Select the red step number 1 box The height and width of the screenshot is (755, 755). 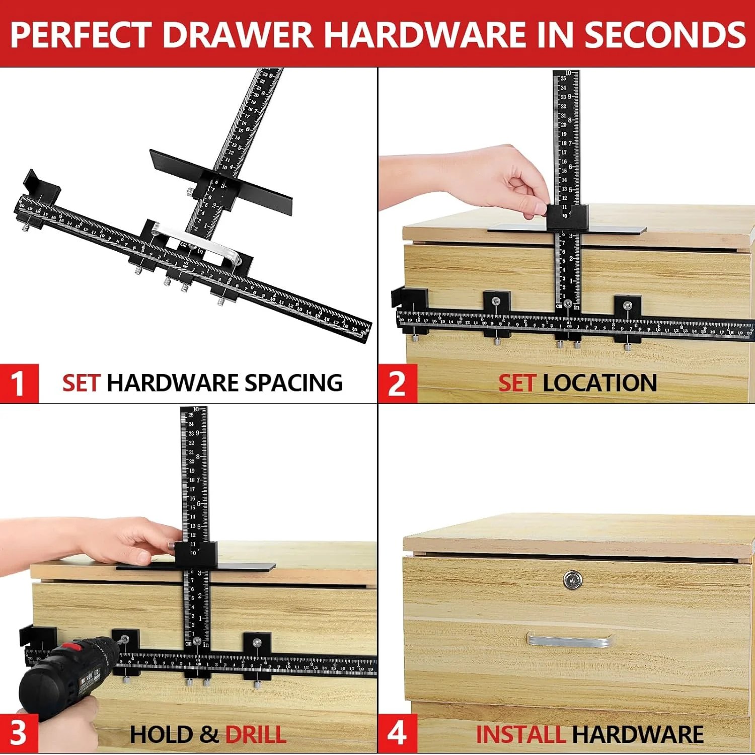click(19, 384)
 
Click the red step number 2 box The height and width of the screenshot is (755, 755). click(397, 384)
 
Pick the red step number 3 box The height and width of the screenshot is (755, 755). click(19, 734)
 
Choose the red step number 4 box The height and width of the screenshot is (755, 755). click(397, 734)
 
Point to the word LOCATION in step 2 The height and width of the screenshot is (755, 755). click(600, 383)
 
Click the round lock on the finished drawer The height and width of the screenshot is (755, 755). click(572, 580)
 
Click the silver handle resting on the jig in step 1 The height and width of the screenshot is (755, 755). click(196, 242)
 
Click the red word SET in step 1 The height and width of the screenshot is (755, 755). click(81, 383)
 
